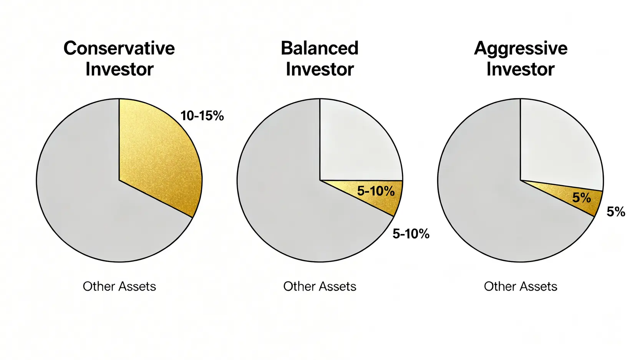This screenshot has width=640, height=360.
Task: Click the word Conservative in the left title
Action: pyautogui.click(x=119, y=48)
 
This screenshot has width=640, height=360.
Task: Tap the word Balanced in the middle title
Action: pyautogui.click(x=320, y=48)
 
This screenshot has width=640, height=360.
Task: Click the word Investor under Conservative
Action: pyautogui.click(x=119, y=69)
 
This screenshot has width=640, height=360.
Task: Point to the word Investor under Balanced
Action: pyautogui.click(x=320, y=69)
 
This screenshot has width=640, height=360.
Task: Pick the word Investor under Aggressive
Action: pyautogui.click(x=520, y=69)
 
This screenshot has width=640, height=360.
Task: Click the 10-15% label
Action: pyautogui.click(x=202, y=116)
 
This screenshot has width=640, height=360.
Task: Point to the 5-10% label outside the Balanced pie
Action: pyautogui.click(x=411, y=234)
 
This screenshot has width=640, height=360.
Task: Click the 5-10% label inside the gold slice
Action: pyautogui.click(x=376, y=191)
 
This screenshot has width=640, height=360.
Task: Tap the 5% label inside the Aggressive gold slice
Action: pyautogui.click(x=582, y=197)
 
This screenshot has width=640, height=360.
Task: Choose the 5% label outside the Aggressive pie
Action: pyautogui.click(x=616, y=212)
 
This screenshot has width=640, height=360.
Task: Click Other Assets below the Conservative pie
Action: pyautogui.click(x=119, y=286)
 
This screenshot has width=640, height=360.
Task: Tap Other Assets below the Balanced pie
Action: pyautogui.click(x=320, y=286)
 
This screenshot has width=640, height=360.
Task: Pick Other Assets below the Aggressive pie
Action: pyautogui.click(x=521, y=286)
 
